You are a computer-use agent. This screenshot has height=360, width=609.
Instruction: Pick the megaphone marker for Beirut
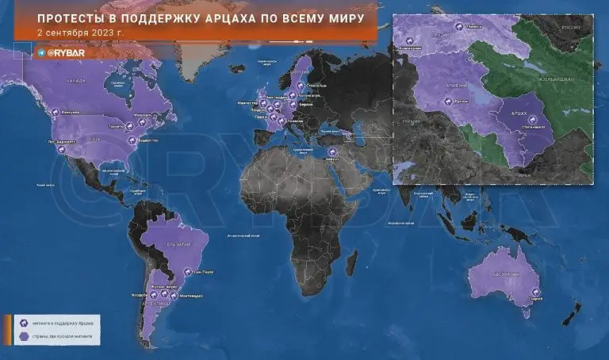click(x=331, y=152)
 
